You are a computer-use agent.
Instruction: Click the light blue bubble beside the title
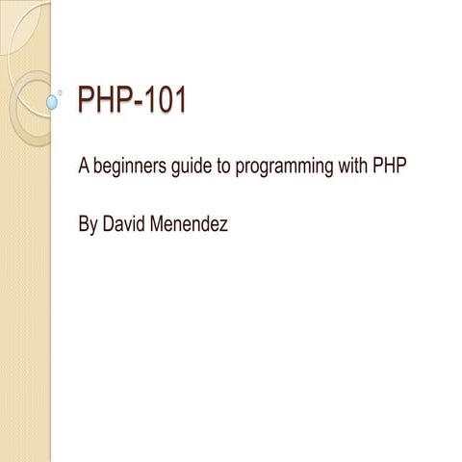[x=52, y=99]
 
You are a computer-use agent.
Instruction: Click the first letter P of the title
[x=86, y=100]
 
